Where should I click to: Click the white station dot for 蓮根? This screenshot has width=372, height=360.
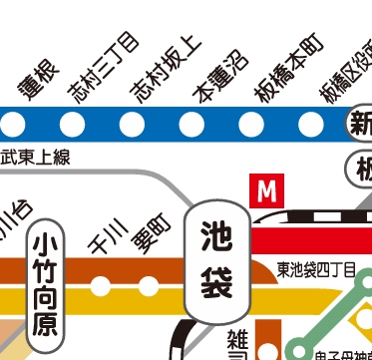tap(14, 125)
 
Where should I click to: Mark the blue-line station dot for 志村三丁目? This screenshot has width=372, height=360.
tap(73, 125)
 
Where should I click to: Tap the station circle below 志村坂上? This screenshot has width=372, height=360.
tap(132, 125)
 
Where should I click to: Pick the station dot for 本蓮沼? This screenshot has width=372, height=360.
tap(190, 125)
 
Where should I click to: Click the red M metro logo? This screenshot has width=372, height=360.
tap(265, 190)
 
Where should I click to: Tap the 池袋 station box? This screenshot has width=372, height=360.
tap(215, 258)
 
